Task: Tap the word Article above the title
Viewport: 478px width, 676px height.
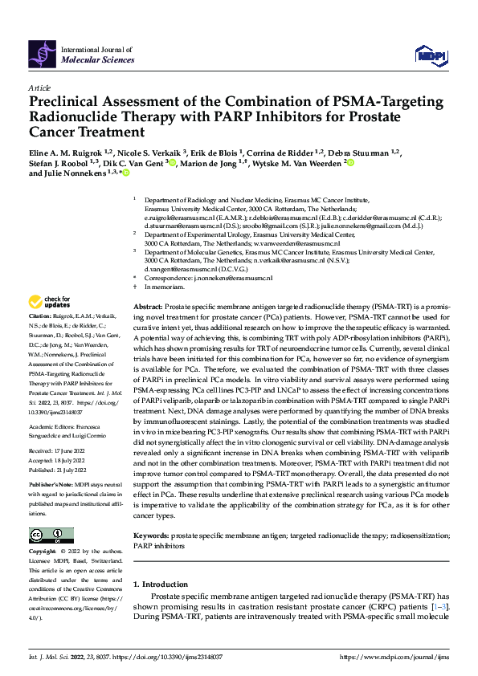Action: [x=39, y=88]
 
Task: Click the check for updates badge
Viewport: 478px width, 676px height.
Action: [x=49, y=302]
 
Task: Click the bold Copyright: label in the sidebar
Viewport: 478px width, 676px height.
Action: [x=44, y=552]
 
